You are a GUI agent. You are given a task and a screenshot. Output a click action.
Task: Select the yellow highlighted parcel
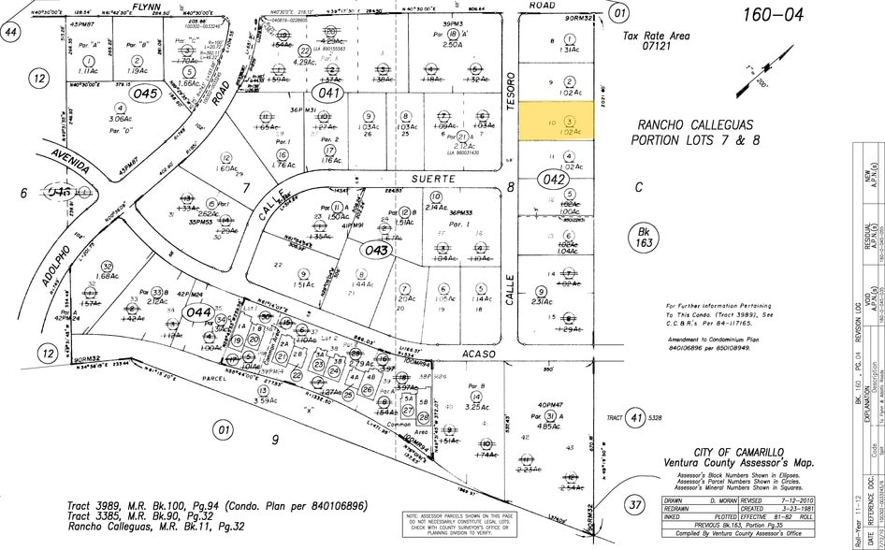point(558,122)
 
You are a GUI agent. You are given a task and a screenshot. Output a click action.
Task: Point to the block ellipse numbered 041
point(328,93)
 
